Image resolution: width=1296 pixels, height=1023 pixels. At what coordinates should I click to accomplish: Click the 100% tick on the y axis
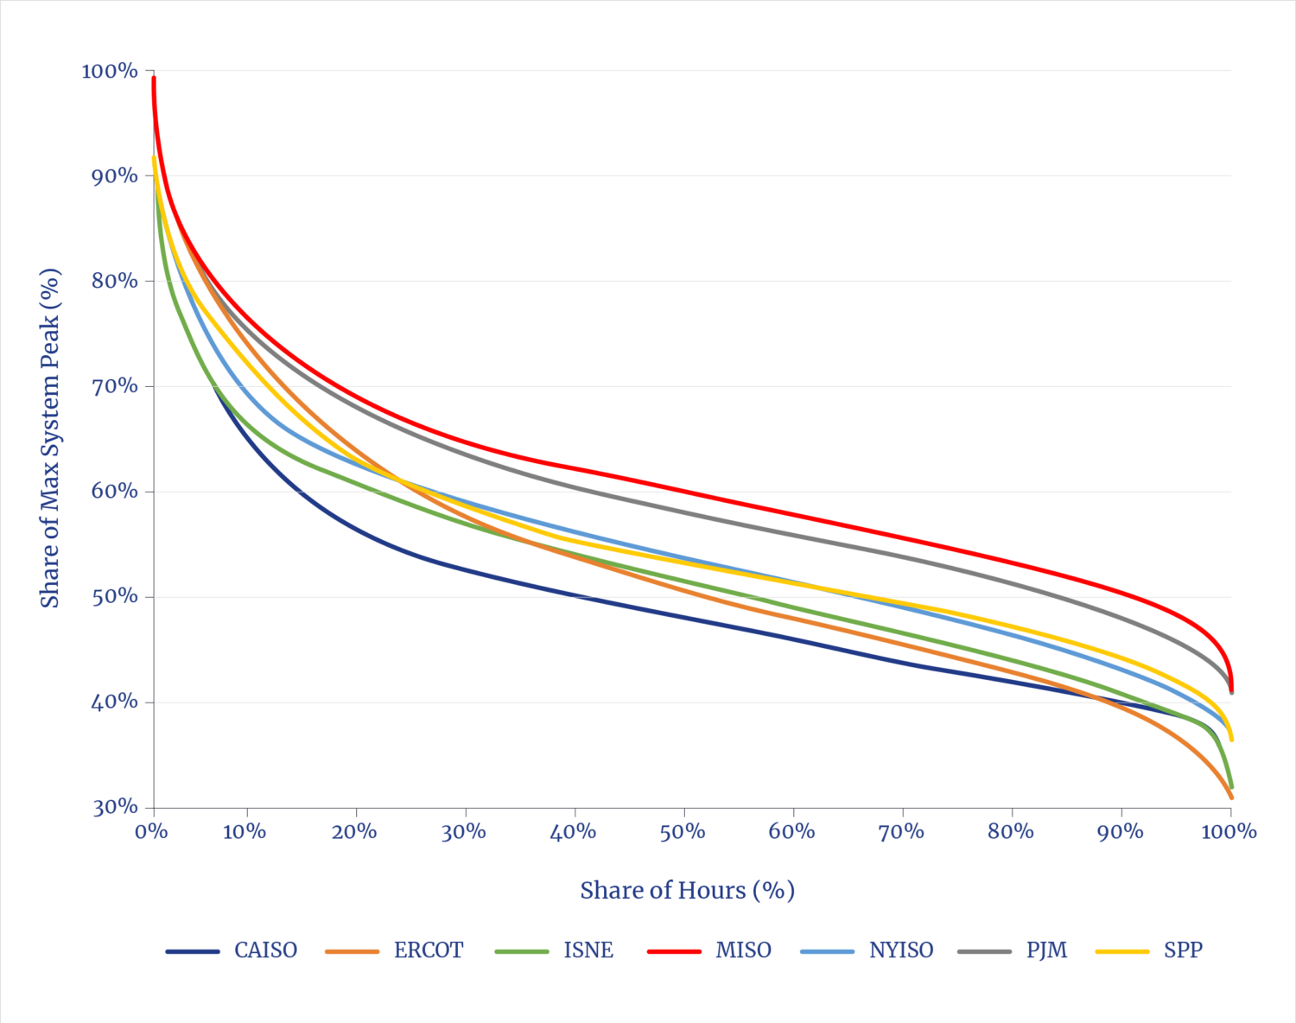coord(110,71)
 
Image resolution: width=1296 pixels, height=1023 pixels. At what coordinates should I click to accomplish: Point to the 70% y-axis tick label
coord(114,386)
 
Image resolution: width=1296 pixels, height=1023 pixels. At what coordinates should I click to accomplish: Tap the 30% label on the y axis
coord(114,807)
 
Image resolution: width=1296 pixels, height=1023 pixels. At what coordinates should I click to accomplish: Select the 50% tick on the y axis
coord(114,597)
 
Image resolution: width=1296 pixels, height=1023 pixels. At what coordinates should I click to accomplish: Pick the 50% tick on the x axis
coord(683,832)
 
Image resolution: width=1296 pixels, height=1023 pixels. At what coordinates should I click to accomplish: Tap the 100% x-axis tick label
coord(1229,832)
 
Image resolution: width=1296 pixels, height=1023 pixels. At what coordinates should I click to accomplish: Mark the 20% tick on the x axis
coord(354,832)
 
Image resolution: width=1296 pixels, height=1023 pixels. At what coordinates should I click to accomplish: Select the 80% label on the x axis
coord(1010,832)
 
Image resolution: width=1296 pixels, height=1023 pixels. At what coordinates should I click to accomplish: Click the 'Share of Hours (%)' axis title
coord(687,890)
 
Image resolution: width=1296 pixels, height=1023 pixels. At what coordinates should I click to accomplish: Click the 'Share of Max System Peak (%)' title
coord(51,438)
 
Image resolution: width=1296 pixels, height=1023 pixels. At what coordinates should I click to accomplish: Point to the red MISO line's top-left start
coord(154,79)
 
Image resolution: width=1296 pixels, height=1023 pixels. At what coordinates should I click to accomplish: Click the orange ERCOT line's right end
coord(1231,797)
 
